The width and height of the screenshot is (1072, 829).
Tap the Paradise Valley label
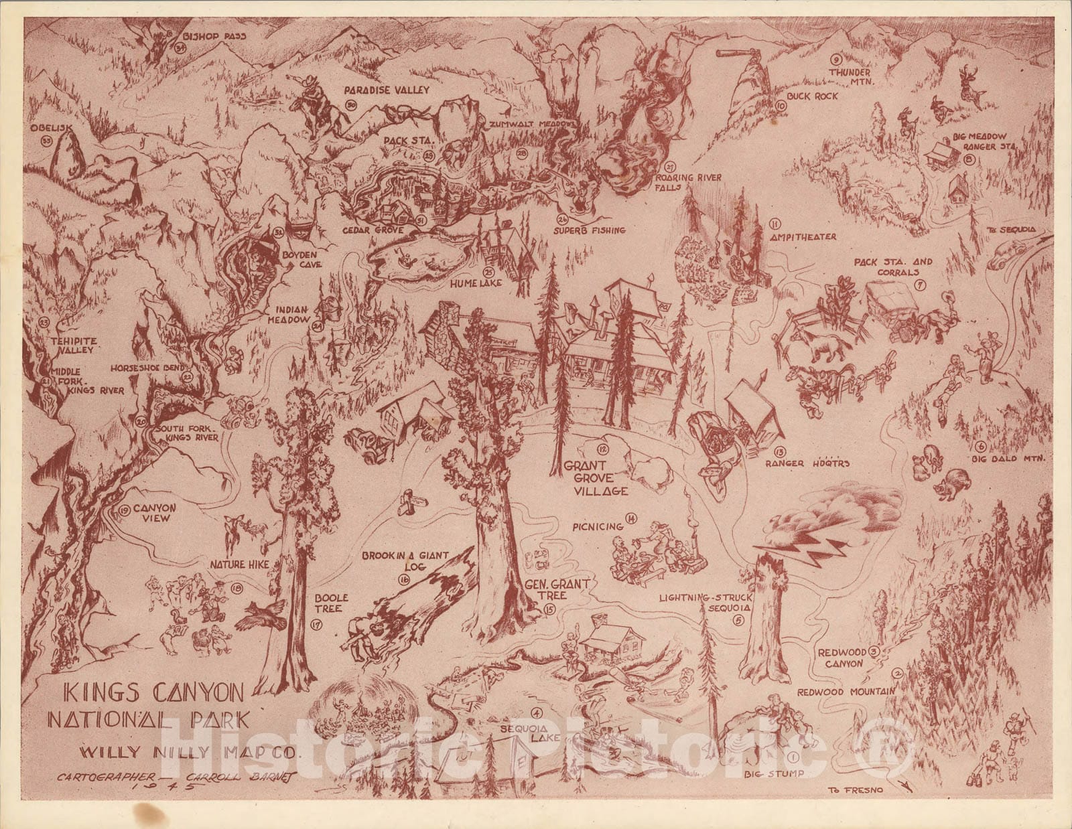click(x=387, y=90)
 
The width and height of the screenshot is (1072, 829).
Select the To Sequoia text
click(x=1012, y=230)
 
